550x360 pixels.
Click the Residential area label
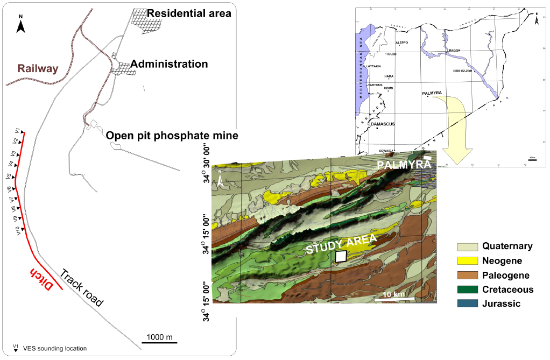tap(189, 13)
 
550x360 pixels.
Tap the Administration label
tap(169, 64)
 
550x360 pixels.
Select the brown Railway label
tap(38, 68)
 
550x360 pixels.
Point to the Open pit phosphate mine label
tap(172, 135)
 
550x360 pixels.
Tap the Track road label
tap(81, 288)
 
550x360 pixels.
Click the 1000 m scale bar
tap(159, 341)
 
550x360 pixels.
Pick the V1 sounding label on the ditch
tap(18, 131)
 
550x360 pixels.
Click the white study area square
tap(341, 256)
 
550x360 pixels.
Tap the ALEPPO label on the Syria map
tap(402, 43)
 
